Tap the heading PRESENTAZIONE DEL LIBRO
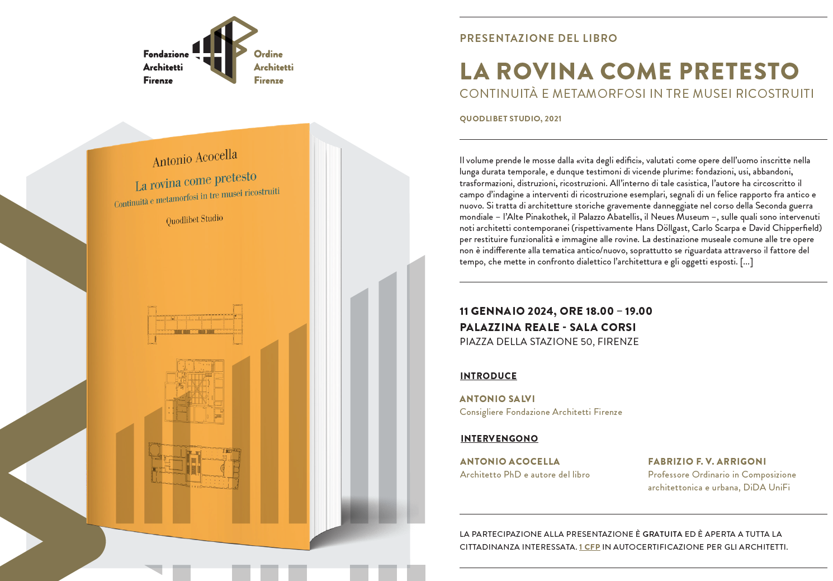click(538, 39)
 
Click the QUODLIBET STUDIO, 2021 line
click(510, 119)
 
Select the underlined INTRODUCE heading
click(488, 376)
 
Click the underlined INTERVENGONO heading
click(499, 439)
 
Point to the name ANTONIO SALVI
click(497, 399)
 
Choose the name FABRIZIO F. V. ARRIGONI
click(707, 462)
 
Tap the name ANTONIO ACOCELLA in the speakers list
click(509, 462)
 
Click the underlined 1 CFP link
click(589, 547)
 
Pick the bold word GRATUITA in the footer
click(662, 534)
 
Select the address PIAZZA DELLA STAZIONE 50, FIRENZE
click(548, 342)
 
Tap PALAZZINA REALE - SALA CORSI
click(547, 327)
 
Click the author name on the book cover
click(195, 158)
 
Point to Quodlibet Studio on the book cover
click(195, 219)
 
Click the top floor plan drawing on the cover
click(195, 324)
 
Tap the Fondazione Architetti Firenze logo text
click(165, 67)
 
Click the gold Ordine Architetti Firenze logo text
click(273, 67)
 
